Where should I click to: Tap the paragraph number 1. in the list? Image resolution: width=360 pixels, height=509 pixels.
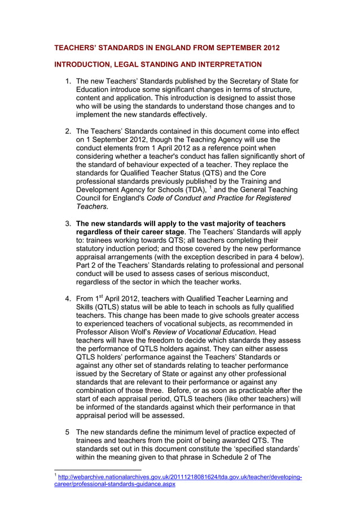coord(68,82)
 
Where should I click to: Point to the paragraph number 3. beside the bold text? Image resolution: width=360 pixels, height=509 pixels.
coord(68,224)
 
